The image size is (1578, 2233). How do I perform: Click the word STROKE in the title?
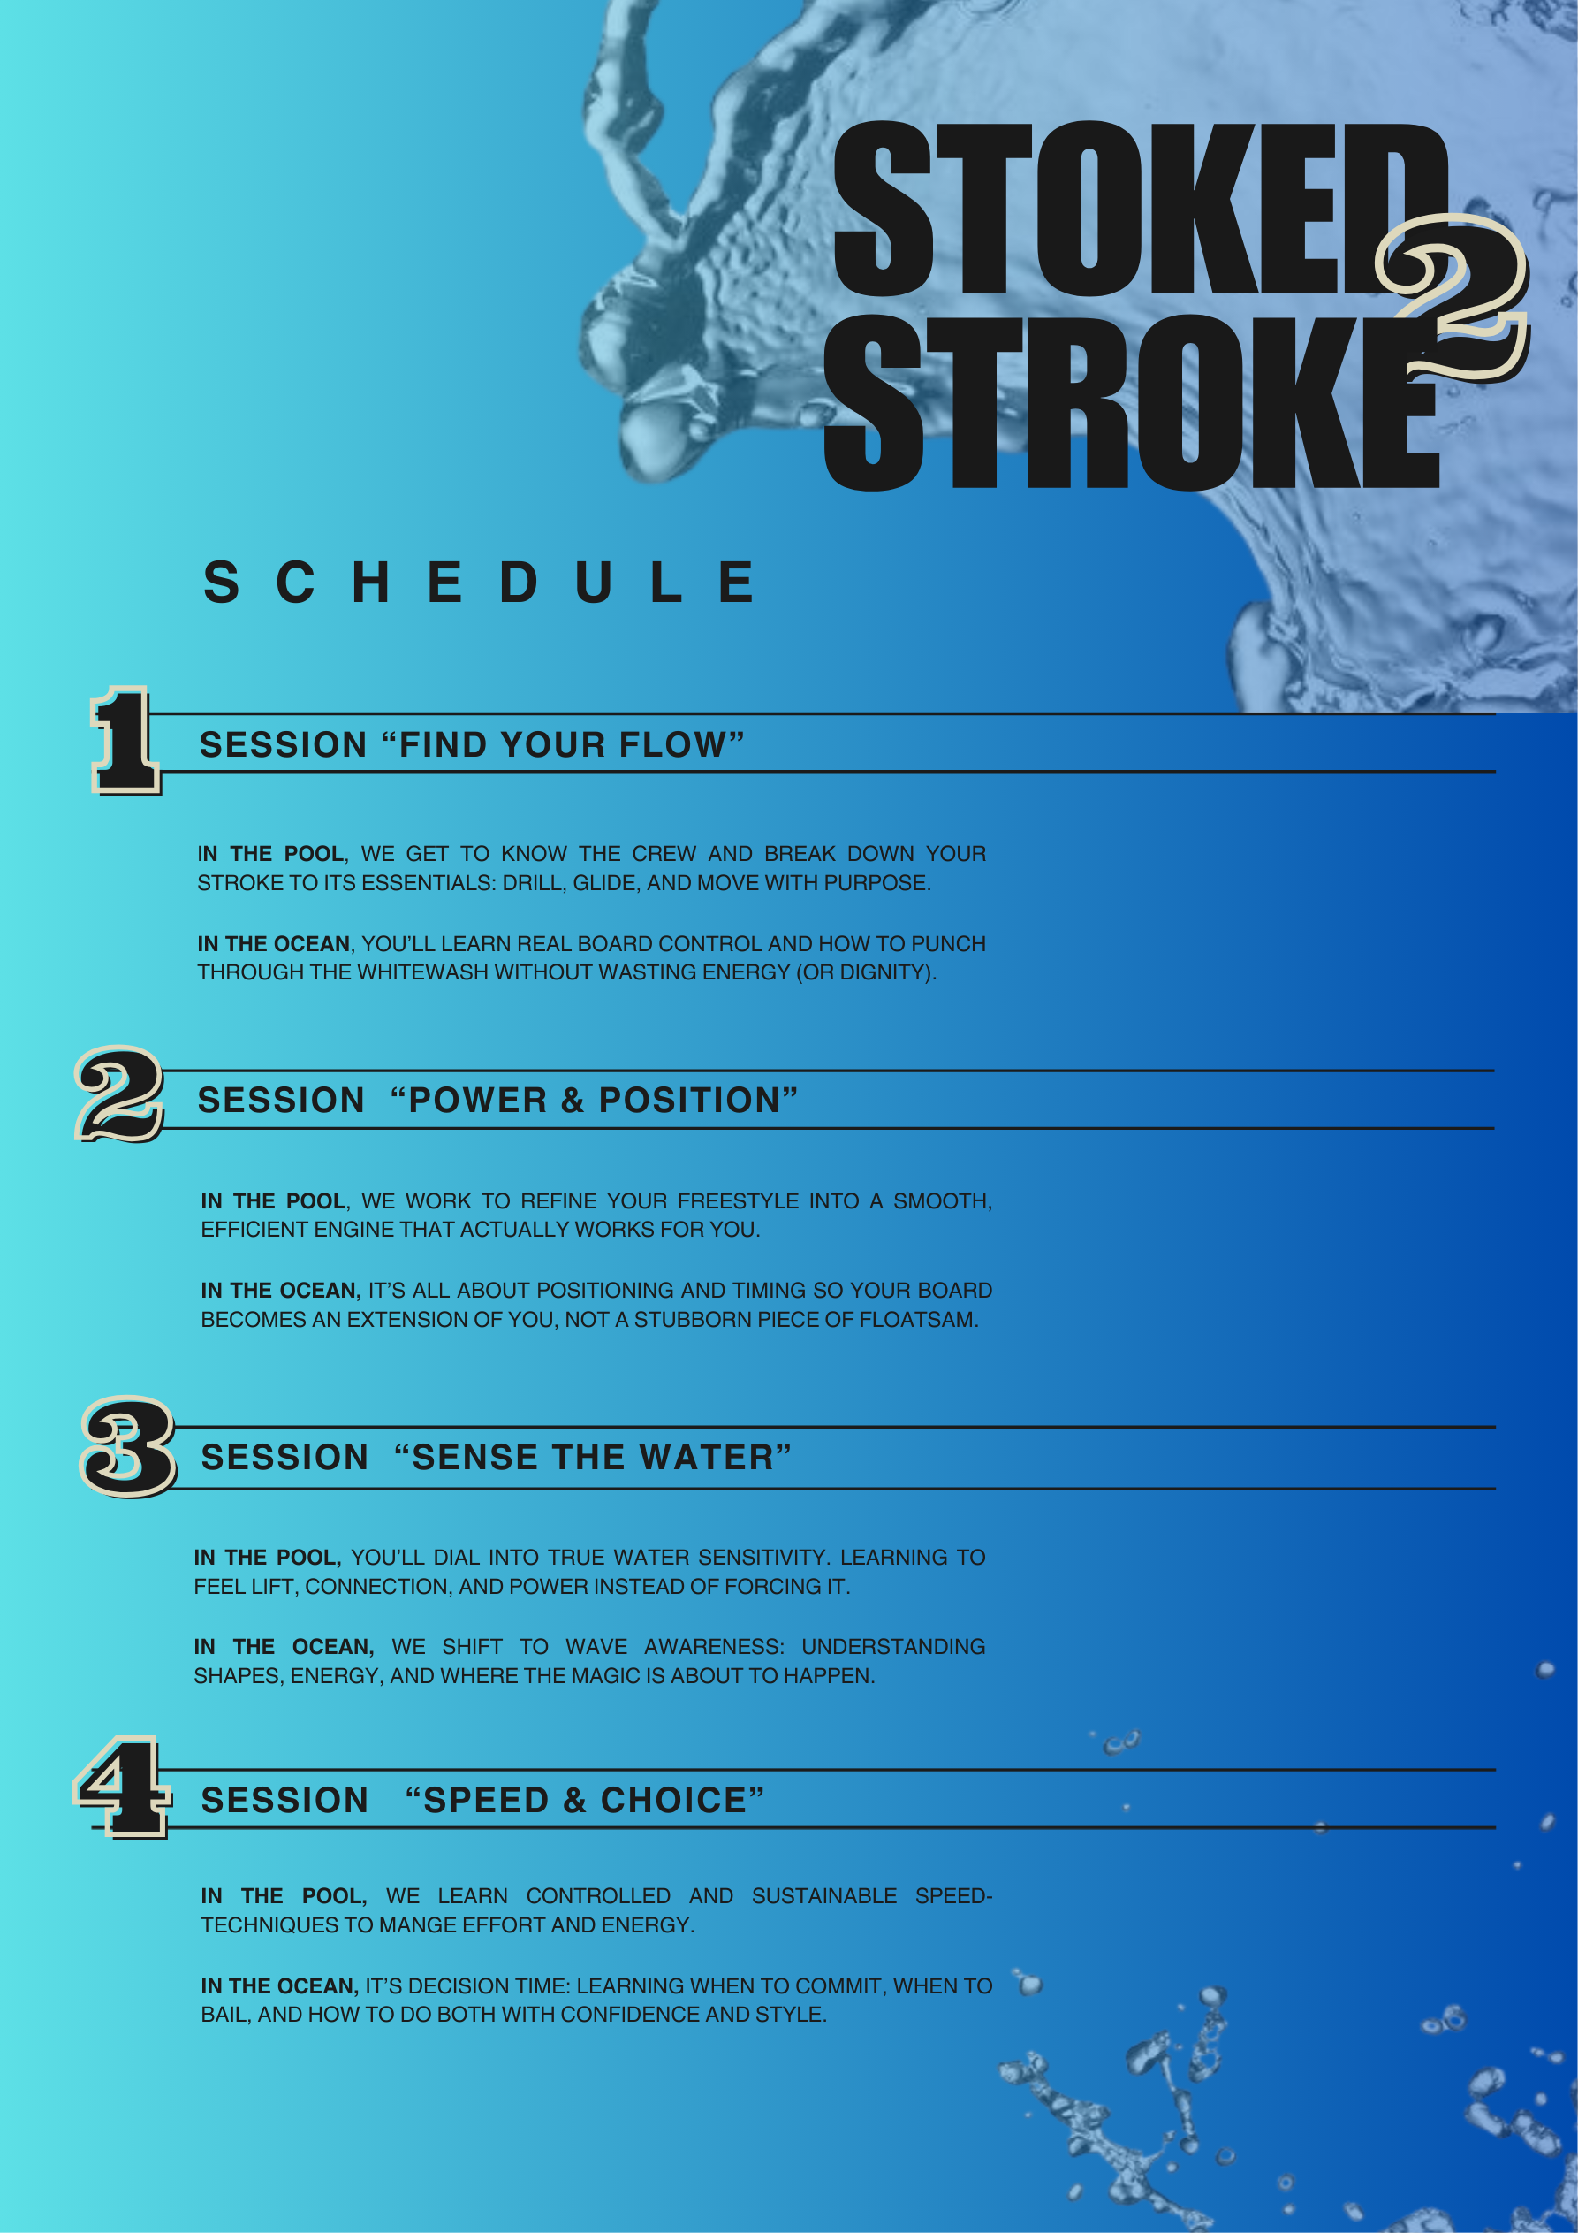1128,400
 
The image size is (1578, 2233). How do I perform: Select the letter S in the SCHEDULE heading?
221,583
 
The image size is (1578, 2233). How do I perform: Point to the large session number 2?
119,1094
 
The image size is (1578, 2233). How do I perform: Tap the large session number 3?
127,1446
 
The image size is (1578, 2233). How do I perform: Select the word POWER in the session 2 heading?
477,1100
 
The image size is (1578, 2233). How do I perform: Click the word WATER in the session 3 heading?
706,1457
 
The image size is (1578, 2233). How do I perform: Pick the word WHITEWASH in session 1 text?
418,972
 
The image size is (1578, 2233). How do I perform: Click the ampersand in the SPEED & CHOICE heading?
574,1800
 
